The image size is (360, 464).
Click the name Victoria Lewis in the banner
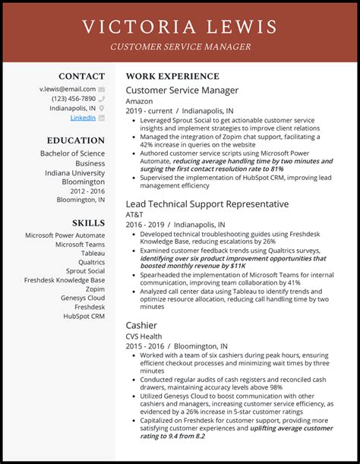(179, 28)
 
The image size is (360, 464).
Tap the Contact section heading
(81, 77)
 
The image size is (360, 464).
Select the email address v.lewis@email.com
(68, 89)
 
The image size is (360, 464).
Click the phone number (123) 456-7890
(73, 99)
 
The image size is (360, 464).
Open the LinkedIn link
(83, 118)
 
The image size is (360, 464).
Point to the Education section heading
(75, 140)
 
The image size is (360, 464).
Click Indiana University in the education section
(74, 172)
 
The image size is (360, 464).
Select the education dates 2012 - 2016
(87, 191)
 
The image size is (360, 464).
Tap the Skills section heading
(88, 223)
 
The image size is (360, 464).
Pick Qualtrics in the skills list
(91, 262)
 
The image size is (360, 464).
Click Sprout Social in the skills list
(85, 271)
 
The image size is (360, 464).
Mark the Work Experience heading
(172, 77)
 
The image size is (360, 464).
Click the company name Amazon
(139, 101)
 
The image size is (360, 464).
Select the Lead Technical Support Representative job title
(207, 204)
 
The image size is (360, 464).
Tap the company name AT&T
(135, 215)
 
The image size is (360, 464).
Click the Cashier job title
(141, 325)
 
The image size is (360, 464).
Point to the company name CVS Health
(144, 336)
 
